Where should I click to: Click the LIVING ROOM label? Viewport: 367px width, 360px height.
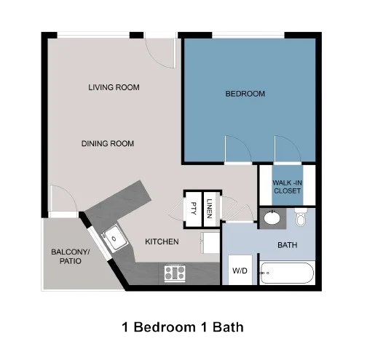pyautogui.click(x=114, y=87)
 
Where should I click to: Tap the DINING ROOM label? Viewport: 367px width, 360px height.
pyautogui.click(x=108, y=143)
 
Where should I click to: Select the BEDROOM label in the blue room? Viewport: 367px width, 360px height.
pyautogui.click(x=245, y=94)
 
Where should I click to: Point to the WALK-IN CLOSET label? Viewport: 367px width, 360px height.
pyautogui.click(x=287, y=186)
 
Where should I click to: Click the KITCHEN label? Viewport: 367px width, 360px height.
pyautogui.click(x=162, y=241)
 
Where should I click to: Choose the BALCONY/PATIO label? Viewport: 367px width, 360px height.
pyautogui.click(x=71, y=256)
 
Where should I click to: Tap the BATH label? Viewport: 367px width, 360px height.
pyautogui.click(x=288, y=245)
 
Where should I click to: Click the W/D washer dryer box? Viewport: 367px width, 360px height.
pyautogui.click(x=240, y=271)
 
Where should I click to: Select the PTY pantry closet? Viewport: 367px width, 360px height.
pyautogui.click(x=194, y=206)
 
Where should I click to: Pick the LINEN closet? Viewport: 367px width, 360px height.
pyautogui.click(x=210, y=206)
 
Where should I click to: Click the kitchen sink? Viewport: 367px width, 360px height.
pyautogui.click(x=113, y=237)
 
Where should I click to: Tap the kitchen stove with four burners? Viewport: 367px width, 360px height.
pyautogui.click(x=174, y=273)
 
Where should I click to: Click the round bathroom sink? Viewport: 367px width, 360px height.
pyautogui.click(x=272, y=217)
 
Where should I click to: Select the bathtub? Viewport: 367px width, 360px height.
pyautogui.click(x=287, y=274)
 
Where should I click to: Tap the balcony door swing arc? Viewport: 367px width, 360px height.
pyautogui.click(x=63, y=199)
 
